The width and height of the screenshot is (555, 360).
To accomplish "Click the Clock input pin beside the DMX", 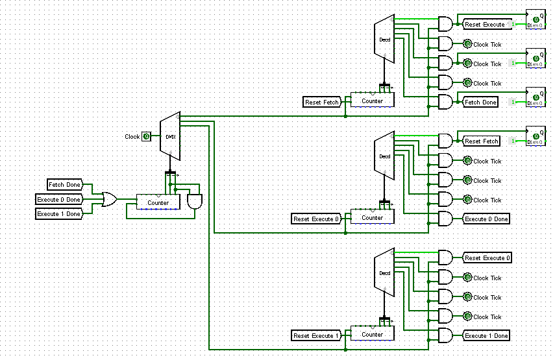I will pyautogui.click(x=147, y=136).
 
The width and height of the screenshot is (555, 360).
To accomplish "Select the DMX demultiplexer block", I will pyautogui.click(x=170, y=136).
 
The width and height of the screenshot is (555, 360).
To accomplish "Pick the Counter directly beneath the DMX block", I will pyautogui.click(x=158, y=202).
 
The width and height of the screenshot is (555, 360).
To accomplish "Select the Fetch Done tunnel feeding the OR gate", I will pyautogui.click(x=64, y=186).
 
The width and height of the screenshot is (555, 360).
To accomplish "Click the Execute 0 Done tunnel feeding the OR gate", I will pyautogui.click(x=58, y=200).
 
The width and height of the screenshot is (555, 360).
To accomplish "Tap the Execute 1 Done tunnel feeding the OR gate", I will pyautogui.click(x=58, y=214).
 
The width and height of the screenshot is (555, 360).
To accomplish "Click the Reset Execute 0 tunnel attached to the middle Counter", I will pyautogui.click(x=316, y=219).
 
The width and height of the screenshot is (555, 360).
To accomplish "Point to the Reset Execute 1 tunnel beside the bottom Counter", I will pyautogui.click(x=316, y=335).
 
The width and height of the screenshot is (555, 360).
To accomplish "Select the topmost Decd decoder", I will pyautogui.click(x=385, y=40).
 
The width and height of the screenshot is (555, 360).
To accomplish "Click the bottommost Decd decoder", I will pyautogui.click(x=385, y=272).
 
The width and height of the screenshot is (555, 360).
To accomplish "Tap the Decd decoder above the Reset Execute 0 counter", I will pyautogui.click(x=385, y=156).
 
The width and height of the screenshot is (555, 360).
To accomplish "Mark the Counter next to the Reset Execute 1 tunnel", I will pyautogui.click(x=372, y=334).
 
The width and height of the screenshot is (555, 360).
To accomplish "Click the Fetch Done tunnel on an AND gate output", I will pyautogui.click(x=480, y=102).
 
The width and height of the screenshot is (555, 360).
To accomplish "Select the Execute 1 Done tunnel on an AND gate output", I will pyautogui.click(x=486, y=336).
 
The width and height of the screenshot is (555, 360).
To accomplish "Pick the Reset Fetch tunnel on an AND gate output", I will pyautogui.click(x=481, y=141).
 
